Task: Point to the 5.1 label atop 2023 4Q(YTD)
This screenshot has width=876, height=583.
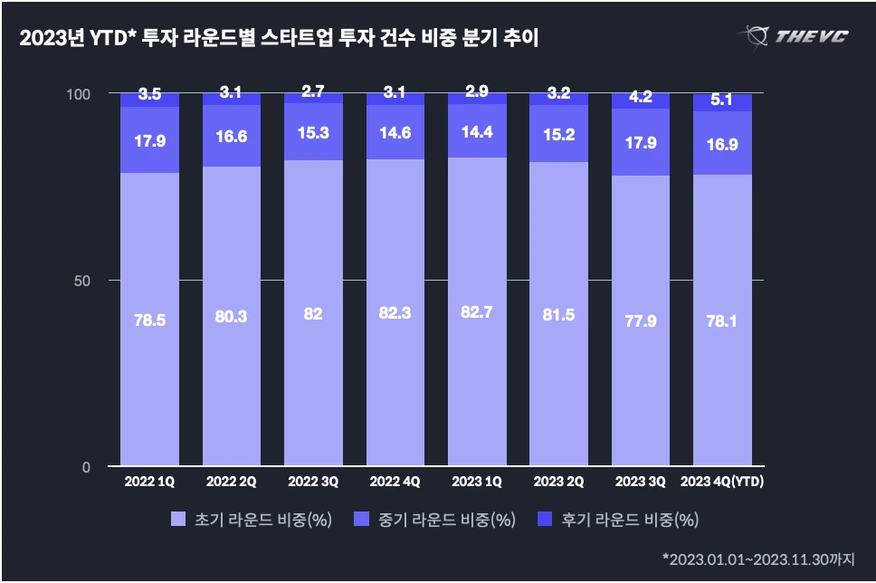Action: point(722,100)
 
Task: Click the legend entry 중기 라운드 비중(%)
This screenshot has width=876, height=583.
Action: point(441,520)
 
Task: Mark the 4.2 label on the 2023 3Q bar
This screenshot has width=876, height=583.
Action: point(641,97)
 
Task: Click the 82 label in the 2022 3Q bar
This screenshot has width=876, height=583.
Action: point(313,315)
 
